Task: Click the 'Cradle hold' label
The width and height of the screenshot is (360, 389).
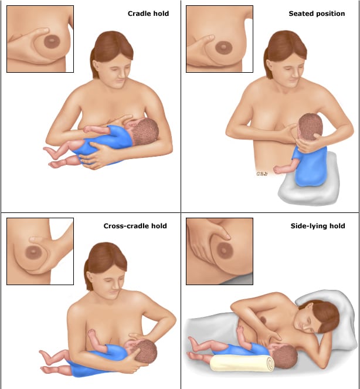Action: [148, 13]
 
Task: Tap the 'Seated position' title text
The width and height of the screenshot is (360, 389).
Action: [317, 13]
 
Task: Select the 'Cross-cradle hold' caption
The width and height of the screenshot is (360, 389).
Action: [135, 226]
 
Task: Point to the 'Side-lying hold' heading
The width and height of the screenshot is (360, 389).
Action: [318, 226]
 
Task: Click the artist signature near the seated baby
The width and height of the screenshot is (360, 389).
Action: [262, 174]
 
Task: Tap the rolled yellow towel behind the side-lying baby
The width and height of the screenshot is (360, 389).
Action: [242, 363]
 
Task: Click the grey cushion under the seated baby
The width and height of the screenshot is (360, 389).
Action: [308, 182]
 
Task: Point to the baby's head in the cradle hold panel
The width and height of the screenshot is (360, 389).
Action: [144, 131]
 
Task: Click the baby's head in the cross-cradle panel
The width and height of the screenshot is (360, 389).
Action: [144, 352]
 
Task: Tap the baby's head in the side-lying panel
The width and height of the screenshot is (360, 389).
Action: [285, 357]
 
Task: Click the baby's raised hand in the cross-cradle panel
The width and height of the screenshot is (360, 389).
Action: [91, 333]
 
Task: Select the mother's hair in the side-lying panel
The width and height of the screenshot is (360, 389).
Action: [322, 313]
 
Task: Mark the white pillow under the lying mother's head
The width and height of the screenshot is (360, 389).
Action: [332, 320]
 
